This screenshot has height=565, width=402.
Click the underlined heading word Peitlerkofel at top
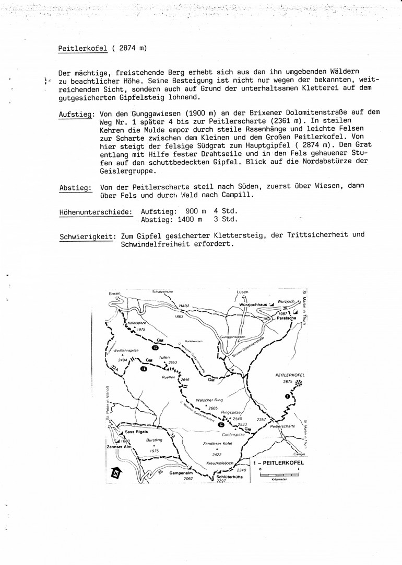click(x=82, y=49)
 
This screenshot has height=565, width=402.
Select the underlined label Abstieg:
click(x=76, y=186)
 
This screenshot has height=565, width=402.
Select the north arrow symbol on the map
click(x=116, y=473)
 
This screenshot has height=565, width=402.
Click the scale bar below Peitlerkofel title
click(x=278, y=475)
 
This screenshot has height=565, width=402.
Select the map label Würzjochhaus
click(x=253, y=304)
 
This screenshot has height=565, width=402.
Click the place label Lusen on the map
click(x=241, y=292)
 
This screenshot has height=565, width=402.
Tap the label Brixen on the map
click(x=115, y=294)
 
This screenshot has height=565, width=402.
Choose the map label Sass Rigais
click(x=137, y=432)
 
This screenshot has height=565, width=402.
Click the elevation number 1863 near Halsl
click(x=180, y=317)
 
